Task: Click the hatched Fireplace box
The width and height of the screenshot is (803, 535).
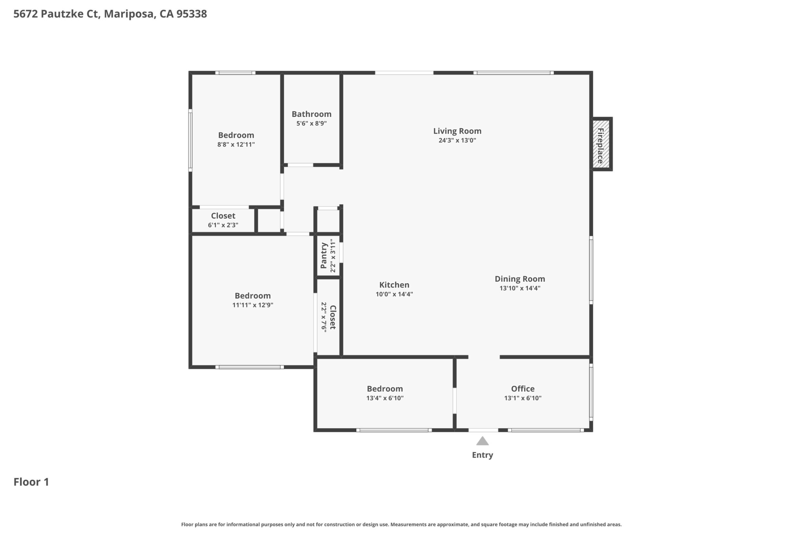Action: point(602,144)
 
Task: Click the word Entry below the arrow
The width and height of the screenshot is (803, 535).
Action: point(483,455)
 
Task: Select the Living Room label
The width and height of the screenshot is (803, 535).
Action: point(457,131)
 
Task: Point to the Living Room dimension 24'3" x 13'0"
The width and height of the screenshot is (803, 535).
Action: point(457,140)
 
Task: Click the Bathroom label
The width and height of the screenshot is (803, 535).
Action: point(311,114)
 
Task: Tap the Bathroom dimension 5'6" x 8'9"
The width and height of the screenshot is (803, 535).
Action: point(311,123)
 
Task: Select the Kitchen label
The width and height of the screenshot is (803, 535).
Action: point(394,285)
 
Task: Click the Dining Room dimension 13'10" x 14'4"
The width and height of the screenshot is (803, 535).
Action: point(520,288)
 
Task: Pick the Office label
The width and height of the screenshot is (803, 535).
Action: point(523,389)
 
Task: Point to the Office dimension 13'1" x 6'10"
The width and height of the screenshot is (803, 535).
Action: point(523,398)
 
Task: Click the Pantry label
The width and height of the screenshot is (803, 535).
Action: point(324,255)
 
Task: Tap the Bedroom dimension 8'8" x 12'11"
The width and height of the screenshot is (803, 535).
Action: point(236,144)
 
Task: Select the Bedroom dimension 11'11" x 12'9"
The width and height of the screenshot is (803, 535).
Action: point(253,305)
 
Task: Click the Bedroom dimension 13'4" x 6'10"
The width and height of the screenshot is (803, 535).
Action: point(385,398)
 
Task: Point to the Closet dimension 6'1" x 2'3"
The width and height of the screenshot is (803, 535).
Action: point(223,225)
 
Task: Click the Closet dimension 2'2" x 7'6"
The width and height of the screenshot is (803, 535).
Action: point(324,317)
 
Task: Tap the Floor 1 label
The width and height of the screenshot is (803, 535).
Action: point(31,482)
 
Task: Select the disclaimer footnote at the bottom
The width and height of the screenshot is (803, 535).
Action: point(401,524)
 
